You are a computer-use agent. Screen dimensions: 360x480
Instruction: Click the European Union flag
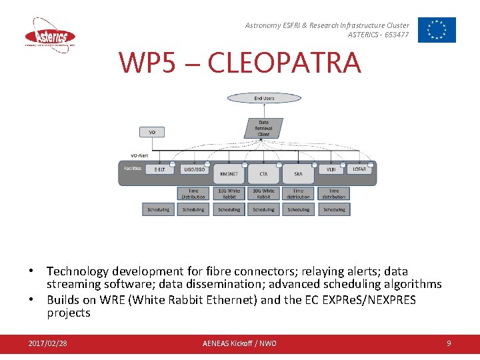(437, 30)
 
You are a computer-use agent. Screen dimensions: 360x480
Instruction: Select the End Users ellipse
(264, 98)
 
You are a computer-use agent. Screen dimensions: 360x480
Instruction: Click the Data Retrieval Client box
(264, 128)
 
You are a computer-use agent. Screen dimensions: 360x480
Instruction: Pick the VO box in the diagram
(152, 132)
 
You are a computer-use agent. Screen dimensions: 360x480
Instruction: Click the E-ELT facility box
(159, 169)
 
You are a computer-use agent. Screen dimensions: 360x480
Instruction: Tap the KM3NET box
(229, 173)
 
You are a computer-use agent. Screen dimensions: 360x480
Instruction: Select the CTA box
(263, 173)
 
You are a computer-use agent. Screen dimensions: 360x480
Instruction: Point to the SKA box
(298, 173)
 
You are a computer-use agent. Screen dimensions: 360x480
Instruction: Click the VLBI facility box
(331, 169)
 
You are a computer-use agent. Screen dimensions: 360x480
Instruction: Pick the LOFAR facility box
(359, 169)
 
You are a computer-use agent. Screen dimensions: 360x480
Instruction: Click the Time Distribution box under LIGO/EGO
(193, 193)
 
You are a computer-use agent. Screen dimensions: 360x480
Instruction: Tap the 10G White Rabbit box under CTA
(263, 193)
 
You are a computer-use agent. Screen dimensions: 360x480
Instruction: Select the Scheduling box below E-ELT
(159, 209)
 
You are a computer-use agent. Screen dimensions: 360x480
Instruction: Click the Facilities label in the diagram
(132, 169)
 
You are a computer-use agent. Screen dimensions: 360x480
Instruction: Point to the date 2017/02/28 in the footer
(47, 343)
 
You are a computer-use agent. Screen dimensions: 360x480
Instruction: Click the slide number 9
(449, 343)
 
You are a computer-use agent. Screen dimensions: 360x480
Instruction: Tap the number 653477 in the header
(397, 35)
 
